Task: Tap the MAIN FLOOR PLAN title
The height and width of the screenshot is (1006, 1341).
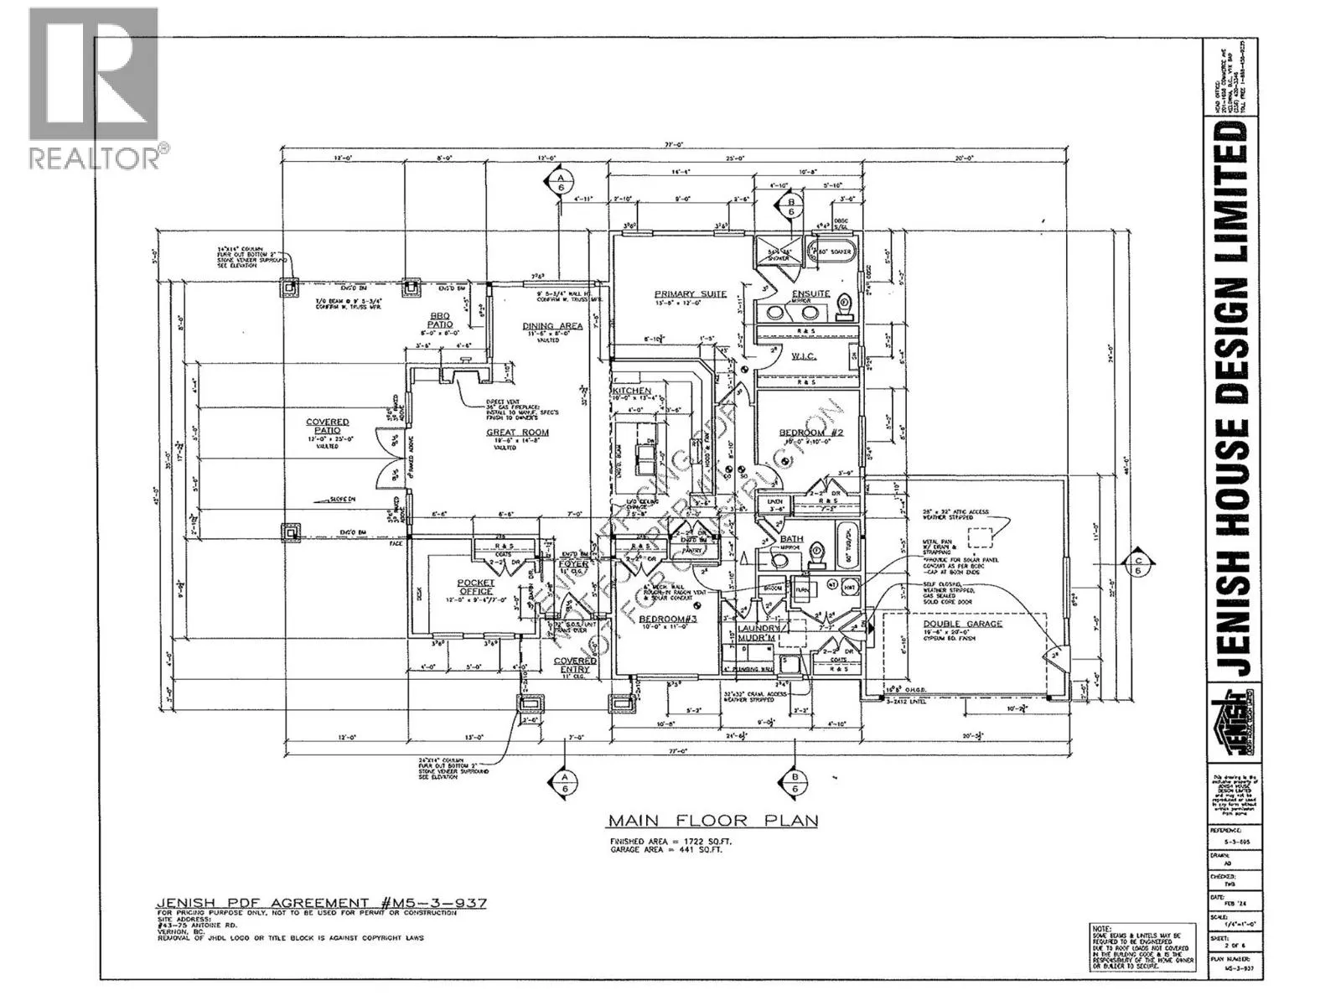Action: click(x=712, y=820)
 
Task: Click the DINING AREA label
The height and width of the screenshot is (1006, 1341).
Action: click(x=552, y=326)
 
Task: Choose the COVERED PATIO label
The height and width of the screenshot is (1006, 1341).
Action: click(x=327, y=426)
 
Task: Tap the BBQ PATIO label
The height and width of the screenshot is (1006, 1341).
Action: click(x=441, y=319)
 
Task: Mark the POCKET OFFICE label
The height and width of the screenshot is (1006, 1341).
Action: click(x=476, y=587)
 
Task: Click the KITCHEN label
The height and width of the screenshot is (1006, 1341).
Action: click(x=631, y=391)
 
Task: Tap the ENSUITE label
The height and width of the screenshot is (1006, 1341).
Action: click(x=810, y=293)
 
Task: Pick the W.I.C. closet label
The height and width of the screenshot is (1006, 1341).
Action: click(x=804, y=356)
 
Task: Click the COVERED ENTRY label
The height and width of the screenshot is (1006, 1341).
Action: click(x=575, y=665)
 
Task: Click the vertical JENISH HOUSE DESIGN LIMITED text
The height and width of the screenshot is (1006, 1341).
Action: click(x=1233, y=402)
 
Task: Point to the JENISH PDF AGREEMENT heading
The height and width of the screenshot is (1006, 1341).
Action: click(x=322, y=903)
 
